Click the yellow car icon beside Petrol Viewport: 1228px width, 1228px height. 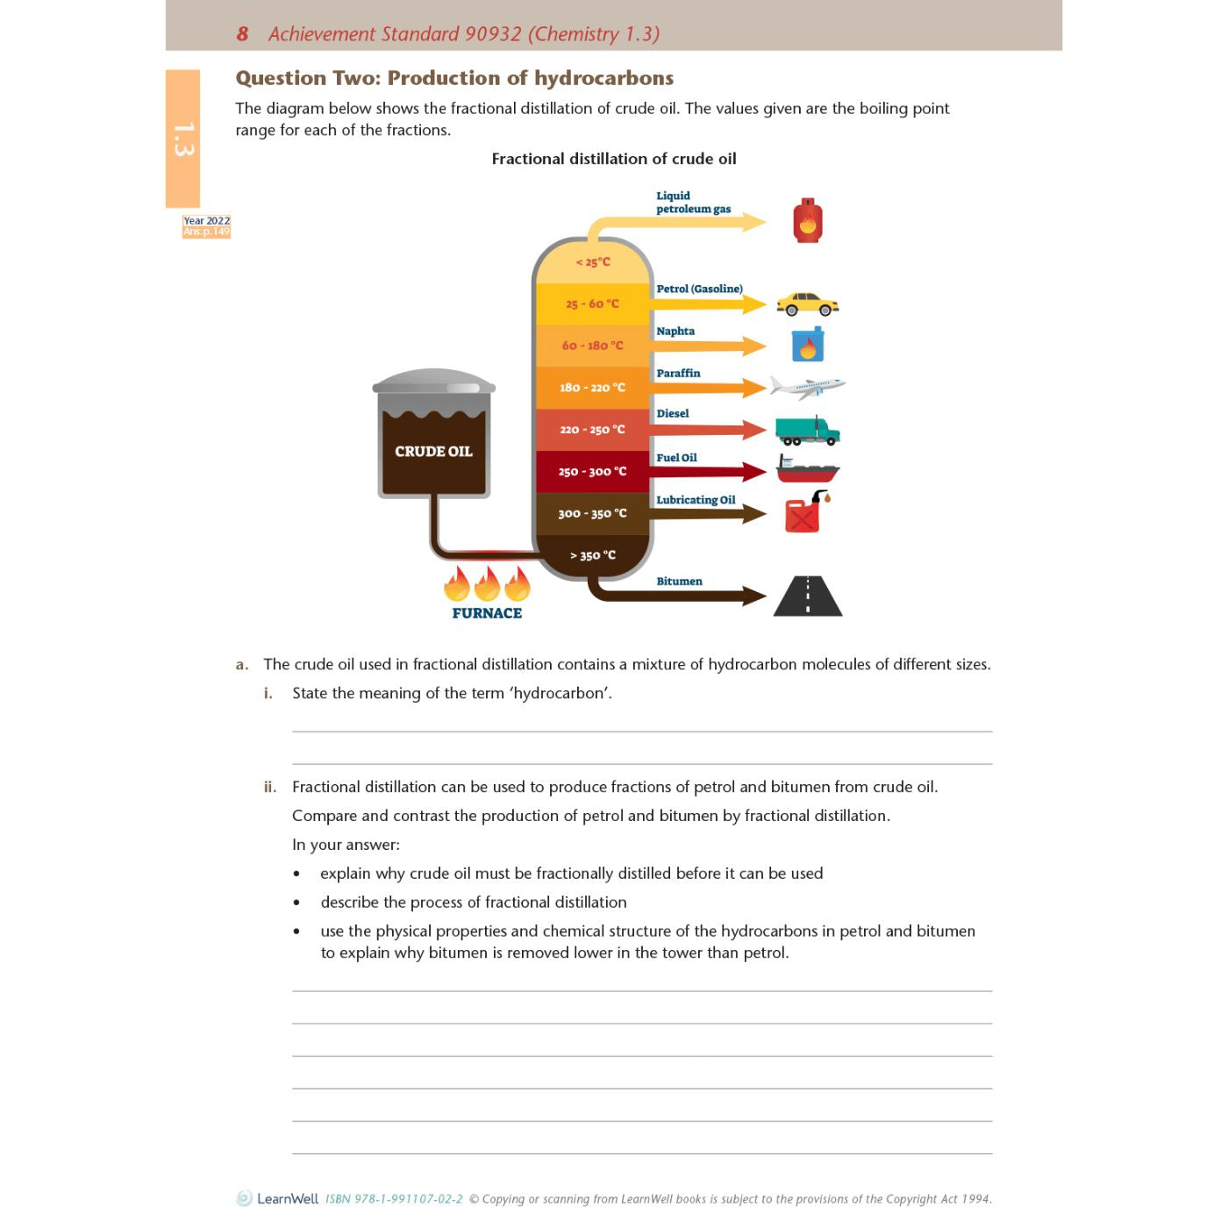[x=807, y=304]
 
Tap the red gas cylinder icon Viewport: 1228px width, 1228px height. [x=807, y=221]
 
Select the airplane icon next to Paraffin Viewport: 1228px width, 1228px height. [x=807, y=386]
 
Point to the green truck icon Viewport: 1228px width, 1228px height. [x=807, y=431]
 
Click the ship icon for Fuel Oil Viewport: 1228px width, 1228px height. [x=807, y=469]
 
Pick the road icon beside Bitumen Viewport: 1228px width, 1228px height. [x=808, y=596]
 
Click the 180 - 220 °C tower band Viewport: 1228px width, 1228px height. [x=593, y=388]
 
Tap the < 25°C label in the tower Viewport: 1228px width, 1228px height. [x=593, y=262]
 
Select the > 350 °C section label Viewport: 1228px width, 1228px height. [x=593, y=555]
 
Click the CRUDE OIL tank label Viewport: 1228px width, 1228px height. [x=433, y=452]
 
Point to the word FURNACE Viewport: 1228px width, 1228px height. [x=487, y=614]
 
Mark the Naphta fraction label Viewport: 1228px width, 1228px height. [x=675, y=332]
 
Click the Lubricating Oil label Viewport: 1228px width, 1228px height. [x=696, y=501]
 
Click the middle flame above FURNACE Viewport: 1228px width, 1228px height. [x=487, y=584]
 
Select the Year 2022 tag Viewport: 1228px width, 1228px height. [x=207, y=221]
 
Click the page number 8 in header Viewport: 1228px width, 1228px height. [x=242, y=34]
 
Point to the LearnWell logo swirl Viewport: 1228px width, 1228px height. [x=244, y=1198]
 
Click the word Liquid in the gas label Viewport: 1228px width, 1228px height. [x=673, y=196]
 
